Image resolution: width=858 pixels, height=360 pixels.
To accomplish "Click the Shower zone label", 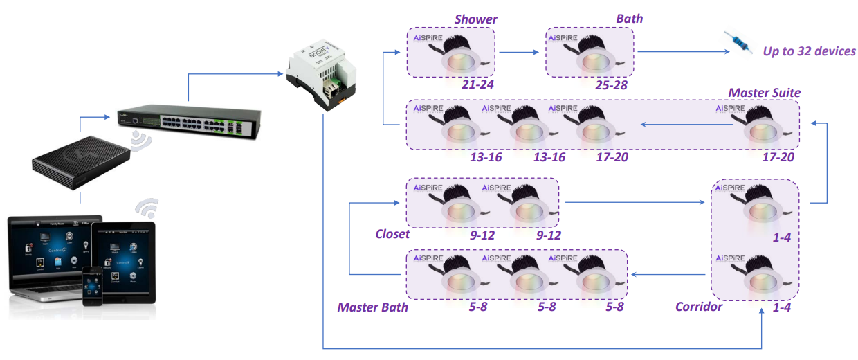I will [x=475, y=19].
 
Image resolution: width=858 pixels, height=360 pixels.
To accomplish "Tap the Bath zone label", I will [x=629, y=19].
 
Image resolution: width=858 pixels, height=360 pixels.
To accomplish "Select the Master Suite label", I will [x=764, y=92].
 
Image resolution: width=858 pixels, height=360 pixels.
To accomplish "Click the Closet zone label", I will [x=392, y=234].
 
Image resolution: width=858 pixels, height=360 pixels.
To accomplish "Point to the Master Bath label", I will [x=372, y=307].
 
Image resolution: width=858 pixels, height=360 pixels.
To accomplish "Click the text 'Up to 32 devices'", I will [x=809, y=51].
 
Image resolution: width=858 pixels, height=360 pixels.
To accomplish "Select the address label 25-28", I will [x=611, y=84].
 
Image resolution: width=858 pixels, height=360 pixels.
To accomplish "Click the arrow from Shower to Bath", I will [x=520, y=52].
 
